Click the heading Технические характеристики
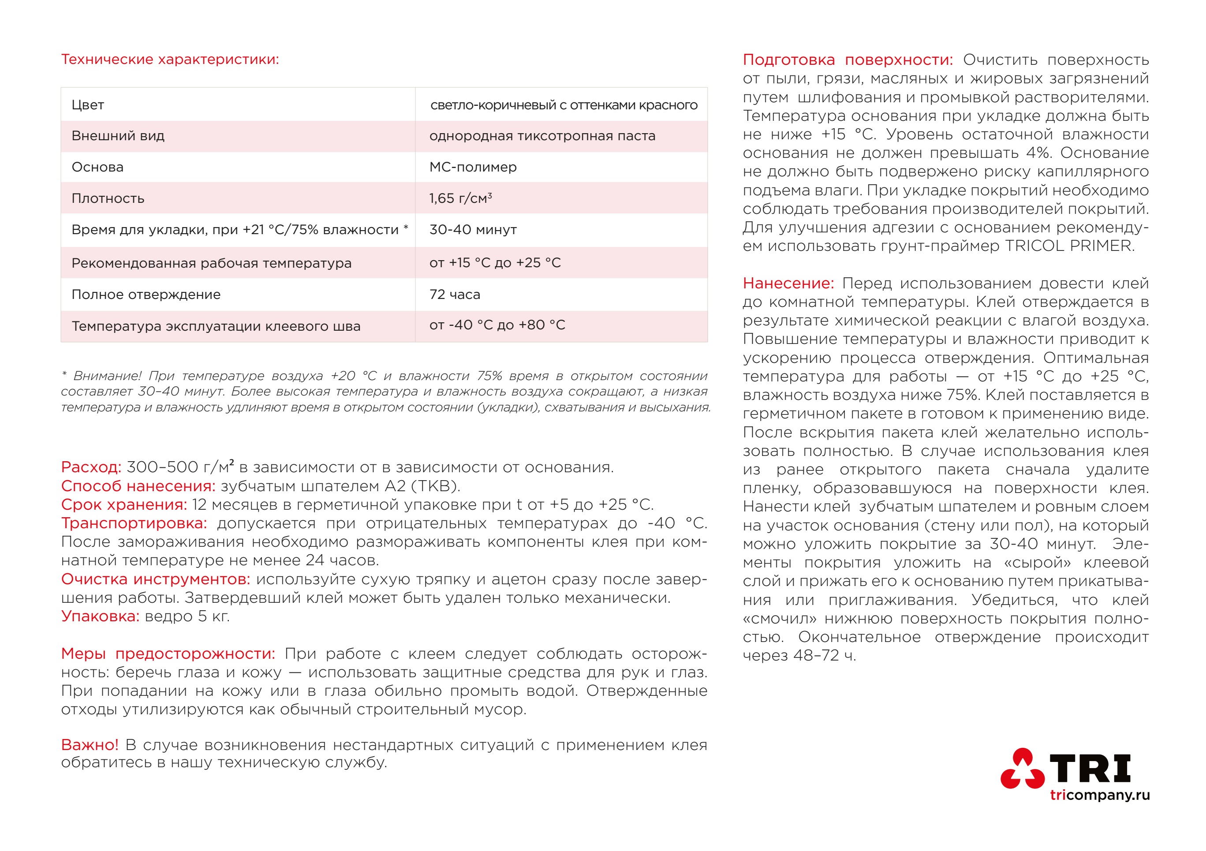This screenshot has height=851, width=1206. [x=170, y=60]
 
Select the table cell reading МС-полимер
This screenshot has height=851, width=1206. [x=473, y=167]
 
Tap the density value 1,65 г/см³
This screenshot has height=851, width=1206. [x=460, y=198]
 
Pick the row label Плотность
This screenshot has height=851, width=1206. [x=108, y=198]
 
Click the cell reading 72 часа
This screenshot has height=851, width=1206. [x=454, y=294]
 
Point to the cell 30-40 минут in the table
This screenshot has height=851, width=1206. [x=473, y=230]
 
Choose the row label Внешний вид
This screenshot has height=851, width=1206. [x=118, y=136]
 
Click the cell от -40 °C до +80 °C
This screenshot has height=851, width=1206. [x=497, y=325]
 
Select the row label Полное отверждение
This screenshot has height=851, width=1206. [x=146, y=295]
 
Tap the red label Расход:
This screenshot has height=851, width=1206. [x=91, y=467]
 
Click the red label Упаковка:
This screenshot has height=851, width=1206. [x=100, y=616]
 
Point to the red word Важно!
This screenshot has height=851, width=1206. [x=90, y=745]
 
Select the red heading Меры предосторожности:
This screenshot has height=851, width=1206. [x=168, y=653]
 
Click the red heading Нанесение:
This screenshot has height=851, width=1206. [x=788, y=284]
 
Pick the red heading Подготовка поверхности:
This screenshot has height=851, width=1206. [x=847, y=60]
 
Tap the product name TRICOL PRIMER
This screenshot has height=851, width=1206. [x=1069, y=246]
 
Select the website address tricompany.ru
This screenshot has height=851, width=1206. [x=1099, y=795]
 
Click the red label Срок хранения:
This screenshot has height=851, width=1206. [x=124, y=505]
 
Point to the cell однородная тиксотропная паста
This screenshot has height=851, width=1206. [x=542, y=136]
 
